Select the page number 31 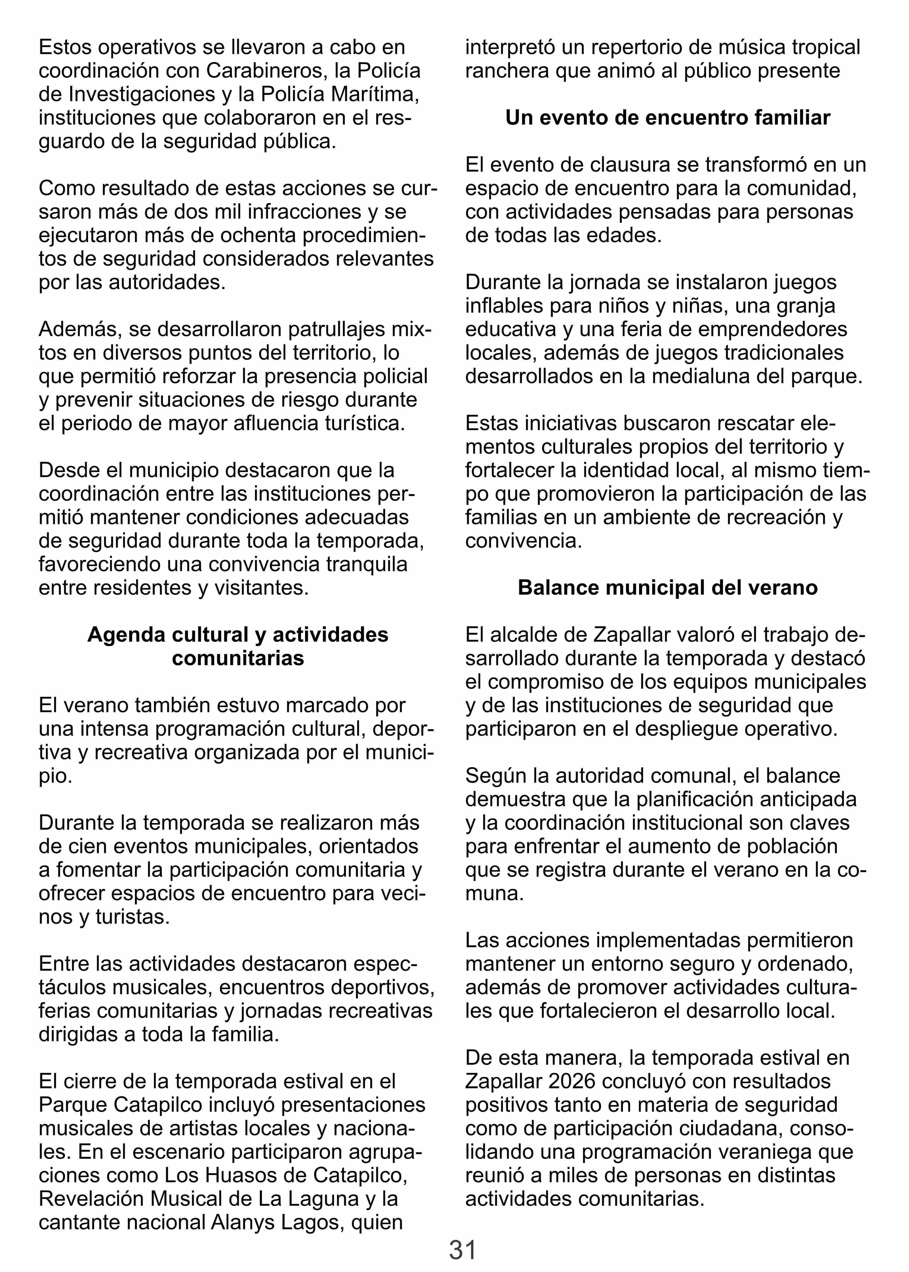pyautogui.click(x=462, y=1250)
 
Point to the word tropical pyautogui.click(x=826, y=47)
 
